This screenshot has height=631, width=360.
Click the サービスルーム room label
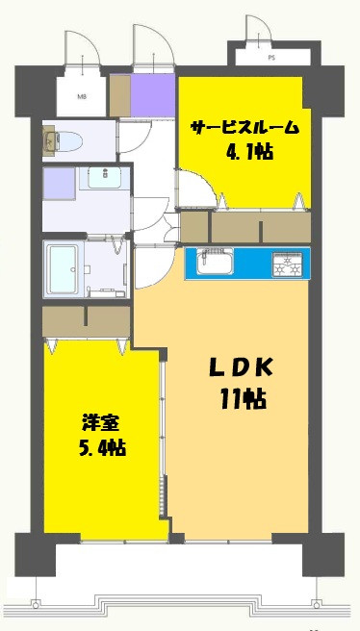click(x=244, y=128)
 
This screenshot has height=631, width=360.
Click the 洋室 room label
click(x=102, y=424)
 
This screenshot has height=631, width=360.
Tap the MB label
click(x=82, y=96)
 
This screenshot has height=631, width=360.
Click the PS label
click(x=271, y=58)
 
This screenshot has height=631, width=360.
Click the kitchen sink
click(x=215, y=263)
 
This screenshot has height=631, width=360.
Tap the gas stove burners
click(x=288, y=264)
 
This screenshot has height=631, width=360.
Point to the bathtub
click(x=62, y=269)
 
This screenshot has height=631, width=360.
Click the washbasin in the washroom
click(x=104, y=177)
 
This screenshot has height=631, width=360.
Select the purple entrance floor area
click(x=153, y=95)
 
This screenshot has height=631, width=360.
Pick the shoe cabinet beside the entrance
click(x=120, y=95)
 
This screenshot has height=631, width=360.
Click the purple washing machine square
click(x=59, y=184)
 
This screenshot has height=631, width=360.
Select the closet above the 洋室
click(x=87, y=321)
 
